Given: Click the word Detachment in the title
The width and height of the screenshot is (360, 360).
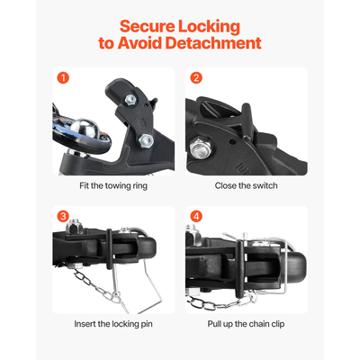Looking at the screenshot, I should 216,42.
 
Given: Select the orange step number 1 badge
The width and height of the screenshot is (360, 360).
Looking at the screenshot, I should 63,77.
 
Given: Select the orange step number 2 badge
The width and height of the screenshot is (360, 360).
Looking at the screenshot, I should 197,77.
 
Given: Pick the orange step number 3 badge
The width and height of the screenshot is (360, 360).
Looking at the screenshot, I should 63,216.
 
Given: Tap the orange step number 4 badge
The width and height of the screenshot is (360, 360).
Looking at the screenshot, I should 197,216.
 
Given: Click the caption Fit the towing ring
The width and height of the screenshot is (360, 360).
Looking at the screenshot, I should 112,185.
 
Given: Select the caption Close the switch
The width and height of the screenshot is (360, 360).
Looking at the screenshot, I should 246,185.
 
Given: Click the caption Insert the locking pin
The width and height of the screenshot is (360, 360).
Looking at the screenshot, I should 112,323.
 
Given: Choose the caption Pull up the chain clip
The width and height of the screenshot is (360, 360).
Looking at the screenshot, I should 246,323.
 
